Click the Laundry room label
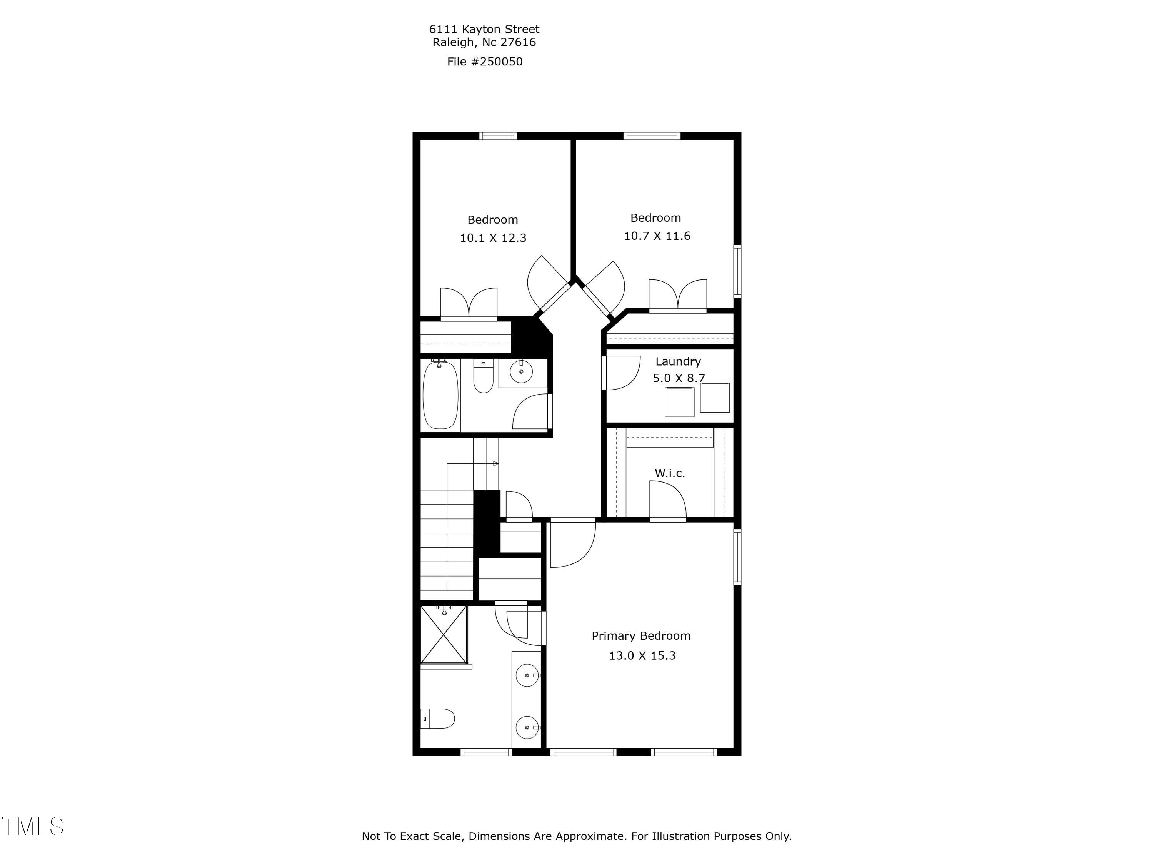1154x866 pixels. pyautogui.click(x=678, y=361)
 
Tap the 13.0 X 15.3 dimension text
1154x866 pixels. pyautogui.click(x=642, y=655)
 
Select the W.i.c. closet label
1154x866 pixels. pyautogui.click(x=669, y=473)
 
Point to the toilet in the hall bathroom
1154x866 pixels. pyautogui.click(x=483, y=377)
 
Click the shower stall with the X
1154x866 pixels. pyautogui.click(x=444, y=634)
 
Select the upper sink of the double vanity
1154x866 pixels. pyautogui.click(x=527, y=675)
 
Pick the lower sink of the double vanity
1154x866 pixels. pyautogui.click(x=527, y=727)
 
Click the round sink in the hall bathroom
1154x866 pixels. pyautogui.click(x=521, y=372)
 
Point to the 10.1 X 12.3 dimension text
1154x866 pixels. pyautogui.click(x=492, y=238)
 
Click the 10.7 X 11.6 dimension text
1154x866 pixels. pyautogui.click(x=657, y=236)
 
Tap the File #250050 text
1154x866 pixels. pyautogui.click(x=485, y=62)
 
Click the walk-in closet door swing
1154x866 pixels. pyautogui.click(x=667, y=500)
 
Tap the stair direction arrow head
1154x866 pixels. pyautogui.click(x=495, y=463)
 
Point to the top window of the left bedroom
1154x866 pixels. pyautogui.click(x=498, y=136)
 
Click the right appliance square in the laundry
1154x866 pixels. pyautogui.click(x=714, y=398)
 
